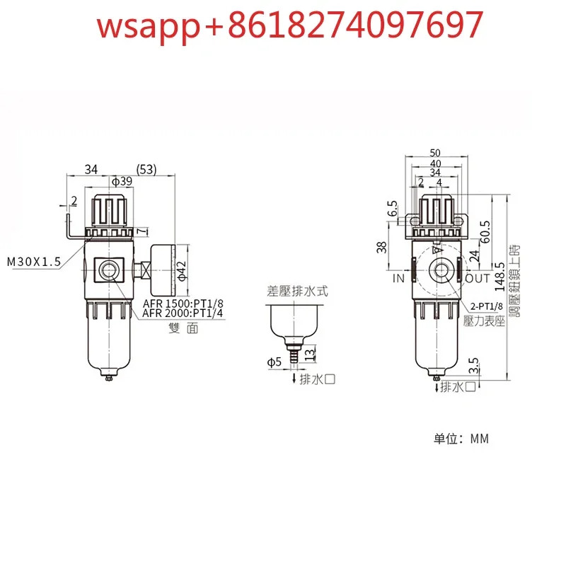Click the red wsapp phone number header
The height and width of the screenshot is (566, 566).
290,25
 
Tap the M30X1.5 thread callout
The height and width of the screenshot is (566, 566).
34,261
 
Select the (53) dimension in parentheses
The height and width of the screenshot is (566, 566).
146,169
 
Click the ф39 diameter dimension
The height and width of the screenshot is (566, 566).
122,181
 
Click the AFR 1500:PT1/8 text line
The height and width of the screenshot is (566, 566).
183,303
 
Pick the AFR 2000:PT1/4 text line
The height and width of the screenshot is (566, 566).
183,313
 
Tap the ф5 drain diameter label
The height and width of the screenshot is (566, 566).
274,362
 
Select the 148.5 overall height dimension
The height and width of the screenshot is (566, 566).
500,277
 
